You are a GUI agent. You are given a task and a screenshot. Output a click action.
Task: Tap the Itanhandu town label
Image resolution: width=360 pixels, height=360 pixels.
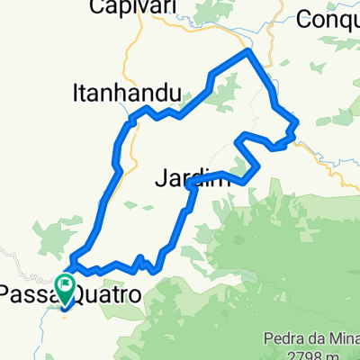(x=126, y=91)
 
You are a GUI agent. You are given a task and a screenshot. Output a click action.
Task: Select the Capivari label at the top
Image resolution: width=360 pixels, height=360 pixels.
(x=131, y=9)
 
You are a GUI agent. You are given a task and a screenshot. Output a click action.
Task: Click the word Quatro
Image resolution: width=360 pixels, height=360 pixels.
(x=109, y=293)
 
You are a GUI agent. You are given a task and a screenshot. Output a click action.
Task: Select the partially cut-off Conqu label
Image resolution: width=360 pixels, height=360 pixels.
(x=328, y=17)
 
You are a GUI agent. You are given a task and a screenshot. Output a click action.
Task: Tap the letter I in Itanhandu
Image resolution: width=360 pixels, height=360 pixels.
(x=76, y=91)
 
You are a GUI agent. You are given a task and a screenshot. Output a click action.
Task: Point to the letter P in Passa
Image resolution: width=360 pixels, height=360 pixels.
(x=5, y=293)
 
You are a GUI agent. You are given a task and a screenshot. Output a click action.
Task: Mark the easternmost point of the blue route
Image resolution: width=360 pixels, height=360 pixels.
(x=297, y=124)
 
